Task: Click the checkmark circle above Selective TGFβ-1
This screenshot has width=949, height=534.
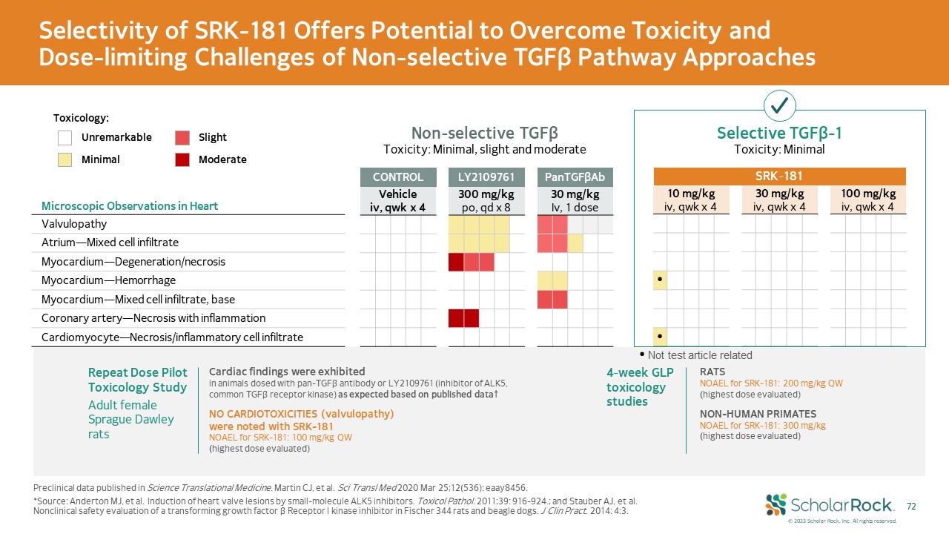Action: (779, 107)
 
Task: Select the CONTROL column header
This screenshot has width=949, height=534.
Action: (397, 177)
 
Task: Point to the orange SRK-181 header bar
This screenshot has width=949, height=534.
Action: (779, 177)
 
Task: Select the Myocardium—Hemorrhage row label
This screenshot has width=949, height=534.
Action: (103, 280)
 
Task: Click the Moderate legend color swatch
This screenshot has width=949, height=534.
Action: (182, 159)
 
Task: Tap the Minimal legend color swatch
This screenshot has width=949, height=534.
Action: (65, 159)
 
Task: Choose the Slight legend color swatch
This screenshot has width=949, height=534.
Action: (182, 137)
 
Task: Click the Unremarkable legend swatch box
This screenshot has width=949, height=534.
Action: (65, 137)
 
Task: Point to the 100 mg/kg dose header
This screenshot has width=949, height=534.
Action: (868, 200)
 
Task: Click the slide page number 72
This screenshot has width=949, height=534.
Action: (911, 506)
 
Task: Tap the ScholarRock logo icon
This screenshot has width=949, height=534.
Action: (776, 504)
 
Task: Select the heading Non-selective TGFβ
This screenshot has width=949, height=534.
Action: (484, 133)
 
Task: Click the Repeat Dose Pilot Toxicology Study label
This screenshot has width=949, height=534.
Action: (138, 379)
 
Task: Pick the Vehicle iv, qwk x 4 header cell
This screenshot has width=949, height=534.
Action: (397, 200)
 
